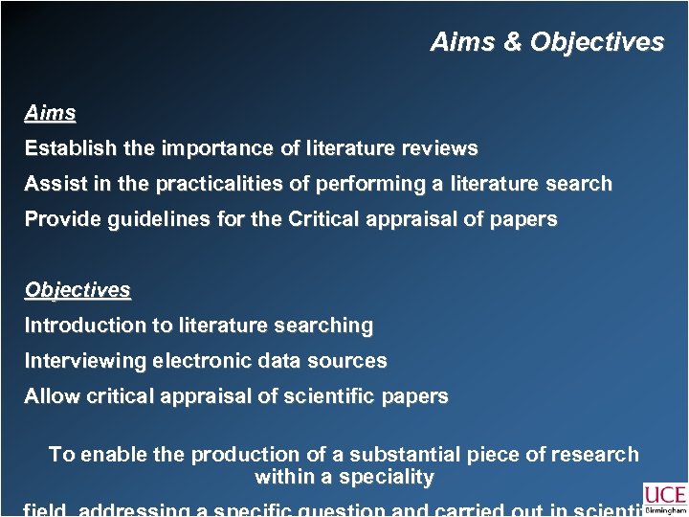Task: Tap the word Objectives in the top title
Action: pos(596,42)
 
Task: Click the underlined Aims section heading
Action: pos(50,113)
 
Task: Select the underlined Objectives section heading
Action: pos(78,289)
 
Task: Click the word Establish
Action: pos(63,148)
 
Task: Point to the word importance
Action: pos(209,148)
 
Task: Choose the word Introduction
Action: pos(80,326)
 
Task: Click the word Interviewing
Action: pos(80,361)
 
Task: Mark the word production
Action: pos(244,455)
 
